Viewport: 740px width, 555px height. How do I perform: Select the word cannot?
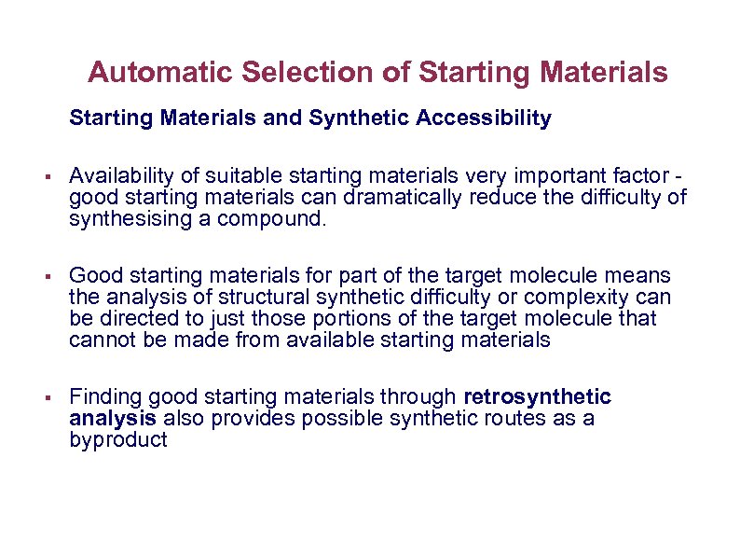click(98, 340)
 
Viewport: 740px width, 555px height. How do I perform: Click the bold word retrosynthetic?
click(538, 397)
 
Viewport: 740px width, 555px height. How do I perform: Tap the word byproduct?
click(117, 440)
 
